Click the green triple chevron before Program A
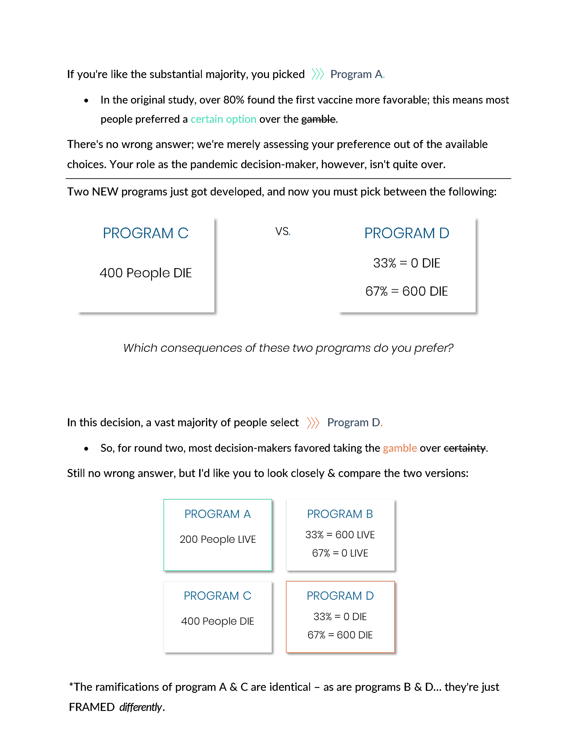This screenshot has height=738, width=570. click(317, 74)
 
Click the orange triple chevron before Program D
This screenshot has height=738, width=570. click(313, 422)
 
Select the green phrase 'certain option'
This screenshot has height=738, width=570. click(223, 119)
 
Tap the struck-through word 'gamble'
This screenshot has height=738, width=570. click(318, 119)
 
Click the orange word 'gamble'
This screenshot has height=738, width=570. click(400, 448)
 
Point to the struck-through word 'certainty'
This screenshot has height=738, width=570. click(465, 448)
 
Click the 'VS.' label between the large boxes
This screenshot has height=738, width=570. click(283, 231)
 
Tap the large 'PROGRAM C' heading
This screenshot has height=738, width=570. click(146, 233)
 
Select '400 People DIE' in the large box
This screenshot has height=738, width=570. click(146, 273)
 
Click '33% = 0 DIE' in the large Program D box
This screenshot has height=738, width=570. click(406, 263)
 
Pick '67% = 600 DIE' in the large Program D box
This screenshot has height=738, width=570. click(406, 291)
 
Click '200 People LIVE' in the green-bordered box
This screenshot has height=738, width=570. click(218, 539)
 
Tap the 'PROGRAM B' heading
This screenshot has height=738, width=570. click(340, 514)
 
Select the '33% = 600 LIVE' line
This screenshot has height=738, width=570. click(340, 535)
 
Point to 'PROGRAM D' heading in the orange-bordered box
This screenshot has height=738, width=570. click(340, 596)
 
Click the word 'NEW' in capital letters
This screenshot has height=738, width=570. click(105, 192)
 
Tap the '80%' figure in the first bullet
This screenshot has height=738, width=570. click(233, 100)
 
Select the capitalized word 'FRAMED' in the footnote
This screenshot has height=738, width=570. click(91, 707)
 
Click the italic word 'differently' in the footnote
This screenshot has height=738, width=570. click(140, 707)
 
